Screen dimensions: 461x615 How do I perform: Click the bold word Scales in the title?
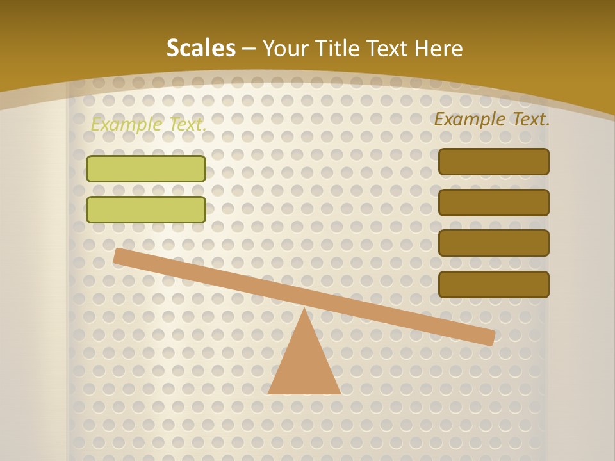coord(201,48)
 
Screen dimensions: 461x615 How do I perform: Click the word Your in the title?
coord(286,48)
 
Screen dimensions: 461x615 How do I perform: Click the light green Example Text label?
coord(148,125)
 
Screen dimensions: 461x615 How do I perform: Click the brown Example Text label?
coord(492,119)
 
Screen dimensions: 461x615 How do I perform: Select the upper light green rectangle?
coord(146,168)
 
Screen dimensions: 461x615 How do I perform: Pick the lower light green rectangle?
coord(146,209)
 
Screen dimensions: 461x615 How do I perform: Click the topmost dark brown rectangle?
coord(493,161)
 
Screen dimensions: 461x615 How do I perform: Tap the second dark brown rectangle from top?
coord(493,202)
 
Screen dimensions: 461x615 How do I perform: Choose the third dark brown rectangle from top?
coord(493,243)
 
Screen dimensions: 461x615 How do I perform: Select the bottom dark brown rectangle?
coord(493,284)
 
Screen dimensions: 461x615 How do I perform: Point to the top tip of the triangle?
coord(304,310)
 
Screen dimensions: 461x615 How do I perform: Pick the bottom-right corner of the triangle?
coord(339,392)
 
